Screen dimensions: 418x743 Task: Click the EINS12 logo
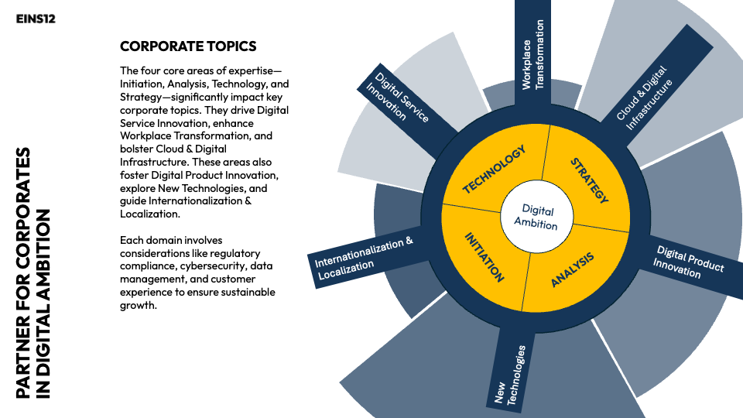(x=36, y=19)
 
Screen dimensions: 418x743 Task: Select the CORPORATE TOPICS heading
(x=188, y=47)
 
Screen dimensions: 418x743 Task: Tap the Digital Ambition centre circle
(x=536, y=217)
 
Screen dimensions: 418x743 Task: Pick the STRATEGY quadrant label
(x=589, y=180)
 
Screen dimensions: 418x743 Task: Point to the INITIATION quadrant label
(x=484, y=256)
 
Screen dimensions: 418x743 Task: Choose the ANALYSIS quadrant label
(x=573, y=269)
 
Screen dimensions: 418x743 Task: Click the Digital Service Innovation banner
(x=402, y=98)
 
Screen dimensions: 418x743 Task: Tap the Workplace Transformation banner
(x=533, y=54)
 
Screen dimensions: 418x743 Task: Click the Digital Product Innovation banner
(x=688, y=262)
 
